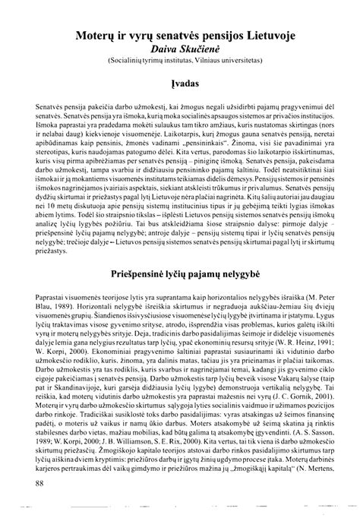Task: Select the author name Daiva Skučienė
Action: tap(180, 47)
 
